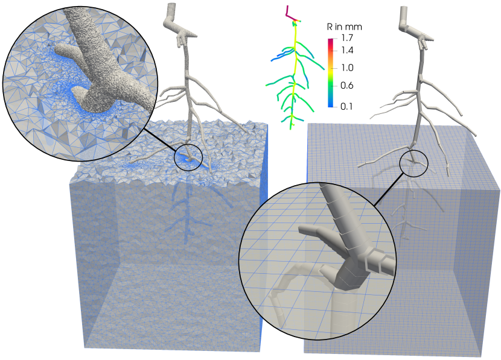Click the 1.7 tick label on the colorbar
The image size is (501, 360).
coord(347,38)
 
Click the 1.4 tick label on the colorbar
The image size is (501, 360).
coord(347,50)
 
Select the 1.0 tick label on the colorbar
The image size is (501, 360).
coord(347,68)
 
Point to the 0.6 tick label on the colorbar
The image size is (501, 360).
coord(347,85)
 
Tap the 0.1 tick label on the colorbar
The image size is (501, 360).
coord(347,106)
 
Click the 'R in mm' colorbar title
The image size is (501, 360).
coord(345,27)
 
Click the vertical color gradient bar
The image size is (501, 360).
coord(330,72)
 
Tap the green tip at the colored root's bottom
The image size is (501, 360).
coord(291,128)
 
